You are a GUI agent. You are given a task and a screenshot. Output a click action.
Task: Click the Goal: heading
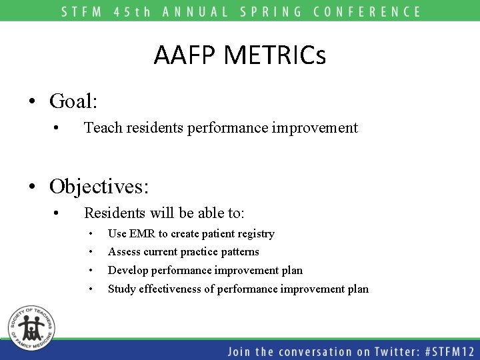coord(73,101)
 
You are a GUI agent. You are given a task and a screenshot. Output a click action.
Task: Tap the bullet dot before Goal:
coord(31,103)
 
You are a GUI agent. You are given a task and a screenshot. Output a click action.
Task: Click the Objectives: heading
coord(99,186)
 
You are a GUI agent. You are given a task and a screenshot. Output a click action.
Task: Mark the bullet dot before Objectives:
coord(31,187)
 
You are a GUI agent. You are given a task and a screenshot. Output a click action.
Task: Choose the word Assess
coord(123,252)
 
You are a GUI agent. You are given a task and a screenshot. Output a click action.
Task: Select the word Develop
coord(128,271)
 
